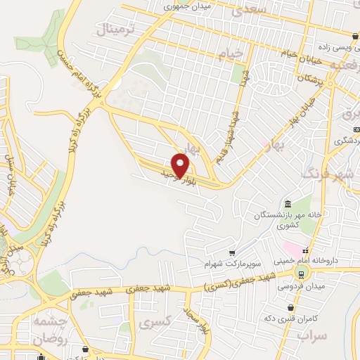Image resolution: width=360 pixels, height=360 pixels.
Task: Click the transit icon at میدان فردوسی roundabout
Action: pyautogui.click(x=301, y=274)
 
